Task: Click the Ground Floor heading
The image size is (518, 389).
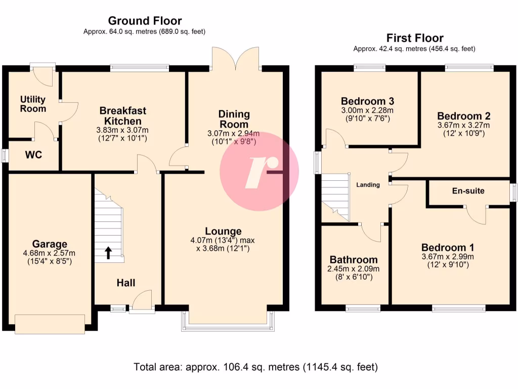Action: [145, 21]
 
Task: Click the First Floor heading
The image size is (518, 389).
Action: [414, 38]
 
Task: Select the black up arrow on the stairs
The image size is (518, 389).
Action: [108, 252]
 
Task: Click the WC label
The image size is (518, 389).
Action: [34, 154]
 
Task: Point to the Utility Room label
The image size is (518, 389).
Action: [33, 104]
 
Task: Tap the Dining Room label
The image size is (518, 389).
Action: [234, 119]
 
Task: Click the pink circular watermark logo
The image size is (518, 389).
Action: [259, 172]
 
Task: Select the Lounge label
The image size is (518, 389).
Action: [223, 231]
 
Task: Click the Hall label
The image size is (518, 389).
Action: [125, 283]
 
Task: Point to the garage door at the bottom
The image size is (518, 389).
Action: [50, 324]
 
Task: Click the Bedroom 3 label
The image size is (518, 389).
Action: [367, 100]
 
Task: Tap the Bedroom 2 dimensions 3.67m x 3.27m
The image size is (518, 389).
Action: [464, 125]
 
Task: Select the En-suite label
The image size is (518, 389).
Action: [468, 191]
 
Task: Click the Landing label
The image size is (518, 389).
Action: [368, 185]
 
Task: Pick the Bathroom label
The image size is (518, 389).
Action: [354, 260]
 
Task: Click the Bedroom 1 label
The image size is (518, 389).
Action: [448, 248]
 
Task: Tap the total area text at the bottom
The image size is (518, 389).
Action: [255, 366]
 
